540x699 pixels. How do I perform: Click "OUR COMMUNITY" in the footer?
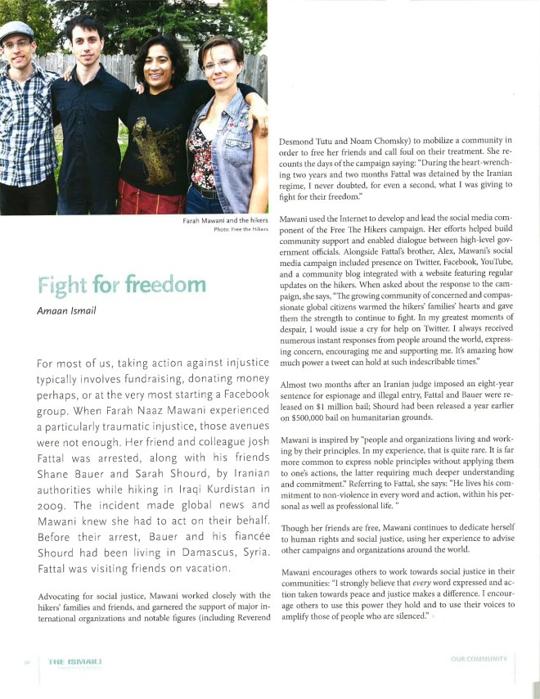click(479, 658)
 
